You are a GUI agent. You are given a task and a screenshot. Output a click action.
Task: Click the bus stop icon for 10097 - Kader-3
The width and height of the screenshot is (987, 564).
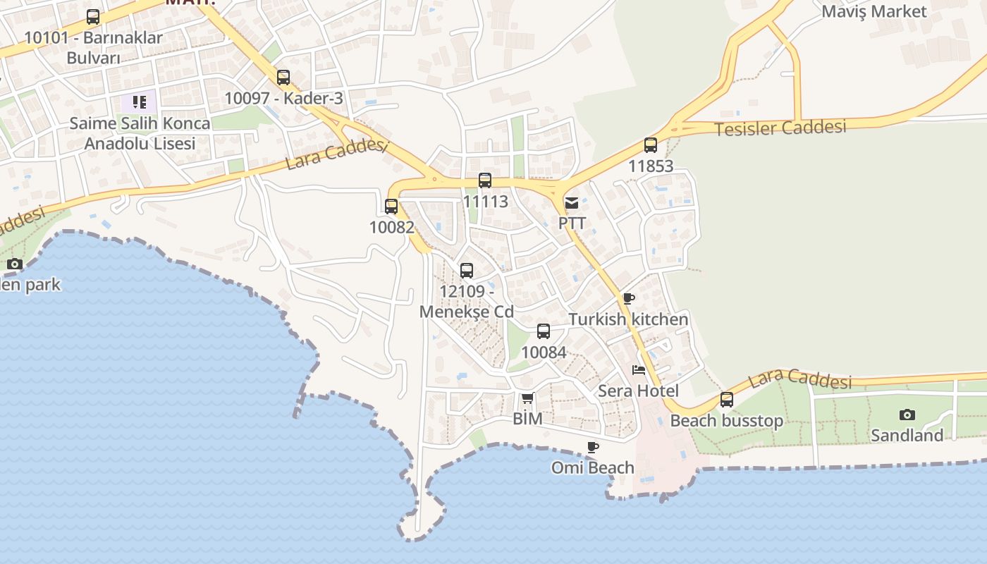click(x=283, y=78)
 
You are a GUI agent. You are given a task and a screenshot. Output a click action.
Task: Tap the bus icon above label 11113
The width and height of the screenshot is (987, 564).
click(x=485, y=180)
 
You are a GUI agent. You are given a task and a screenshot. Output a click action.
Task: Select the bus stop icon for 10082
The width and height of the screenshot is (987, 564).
click(x=391, y=207)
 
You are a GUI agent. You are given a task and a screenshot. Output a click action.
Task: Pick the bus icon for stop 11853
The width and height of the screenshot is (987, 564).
click(x=651, y=146)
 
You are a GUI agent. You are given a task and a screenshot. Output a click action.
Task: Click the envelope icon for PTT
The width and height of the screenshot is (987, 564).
click(x=572, y=203)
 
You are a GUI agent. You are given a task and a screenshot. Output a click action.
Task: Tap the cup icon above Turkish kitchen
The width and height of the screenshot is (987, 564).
click(x=629, y=299)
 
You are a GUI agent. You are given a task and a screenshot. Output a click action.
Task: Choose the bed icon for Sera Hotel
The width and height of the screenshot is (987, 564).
click(x=639, y=370)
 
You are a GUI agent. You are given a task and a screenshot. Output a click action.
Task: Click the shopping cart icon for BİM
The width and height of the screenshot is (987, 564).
click(x=528, y=398)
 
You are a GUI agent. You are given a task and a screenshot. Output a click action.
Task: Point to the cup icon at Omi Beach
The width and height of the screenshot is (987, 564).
click(x=593, y=447)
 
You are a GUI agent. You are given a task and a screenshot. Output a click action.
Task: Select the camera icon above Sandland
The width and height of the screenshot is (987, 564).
click(x=907, y=415)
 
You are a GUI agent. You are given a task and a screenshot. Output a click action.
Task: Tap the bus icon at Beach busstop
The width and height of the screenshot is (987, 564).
click(x=727, y=400)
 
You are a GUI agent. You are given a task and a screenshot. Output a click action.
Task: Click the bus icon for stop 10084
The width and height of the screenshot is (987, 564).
click(x=544, y=331)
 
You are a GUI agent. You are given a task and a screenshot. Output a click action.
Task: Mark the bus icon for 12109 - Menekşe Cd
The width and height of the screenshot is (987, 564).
click(x=467, y=271)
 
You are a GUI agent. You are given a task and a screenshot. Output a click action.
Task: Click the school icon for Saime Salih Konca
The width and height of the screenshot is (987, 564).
click(x=140, y=103)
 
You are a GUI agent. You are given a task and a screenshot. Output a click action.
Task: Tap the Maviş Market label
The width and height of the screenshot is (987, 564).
click(x=874, y=11)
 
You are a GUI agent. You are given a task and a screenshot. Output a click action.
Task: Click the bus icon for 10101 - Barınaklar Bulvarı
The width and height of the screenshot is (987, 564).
click(x=93, y=17)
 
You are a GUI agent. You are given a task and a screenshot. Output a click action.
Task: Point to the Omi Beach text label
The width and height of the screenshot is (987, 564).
click(x=593, y=467)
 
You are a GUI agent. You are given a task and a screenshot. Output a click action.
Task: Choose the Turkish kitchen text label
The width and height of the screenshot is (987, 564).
click(x=629, y=319)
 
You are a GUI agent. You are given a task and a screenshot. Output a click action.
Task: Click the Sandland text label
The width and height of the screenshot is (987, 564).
click(x=907, y=435)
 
